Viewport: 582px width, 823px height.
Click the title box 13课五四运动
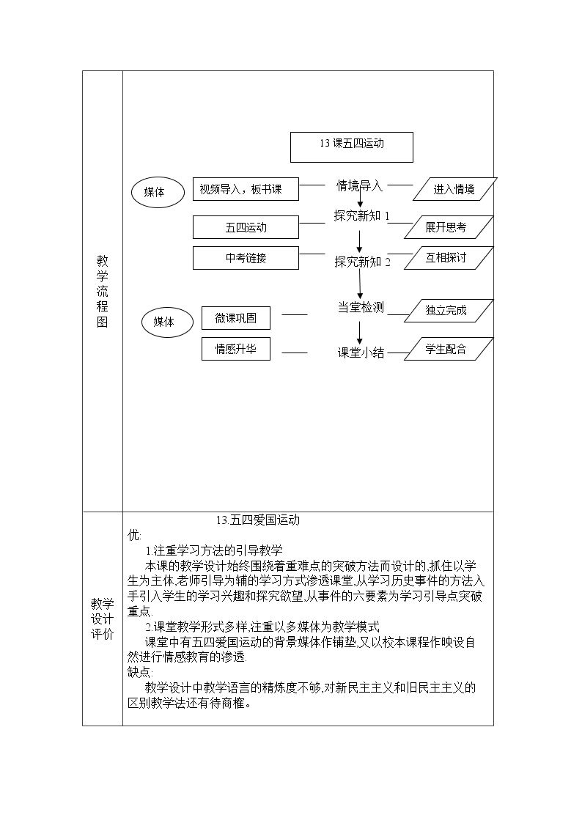click(352, 147)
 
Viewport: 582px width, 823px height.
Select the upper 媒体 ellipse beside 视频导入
click(158, 192)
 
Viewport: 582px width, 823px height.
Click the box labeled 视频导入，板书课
click(246, 189)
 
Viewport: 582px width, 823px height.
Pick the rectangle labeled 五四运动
click(246, 227)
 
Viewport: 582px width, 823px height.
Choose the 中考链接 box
click(246, 258)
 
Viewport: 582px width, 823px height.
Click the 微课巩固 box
click(235, 318)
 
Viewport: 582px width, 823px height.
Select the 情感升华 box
click(235, 349)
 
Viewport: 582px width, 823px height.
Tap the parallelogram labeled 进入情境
click(454, 189)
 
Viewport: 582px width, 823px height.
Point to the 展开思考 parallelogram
click(448, 227)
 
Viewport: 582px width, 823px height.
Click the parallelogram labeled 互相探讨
click(448, 258)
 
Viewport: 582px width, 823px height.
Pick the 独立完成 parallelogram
click(448, 310)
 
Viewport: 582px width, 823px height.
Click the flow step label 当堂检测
click(361, 308)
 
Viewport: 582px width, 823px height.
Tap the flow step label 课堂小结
click(361, 353)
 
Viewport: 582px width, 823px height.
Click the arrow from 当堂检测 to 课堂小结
click(359, 333)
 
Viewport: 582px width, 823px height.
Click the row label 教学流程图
click(103, 291)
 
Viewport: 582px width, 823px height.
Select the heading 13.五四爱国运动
click(258, 520)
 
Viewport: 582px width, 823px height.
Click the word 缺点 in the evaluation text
click(139, 672)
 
